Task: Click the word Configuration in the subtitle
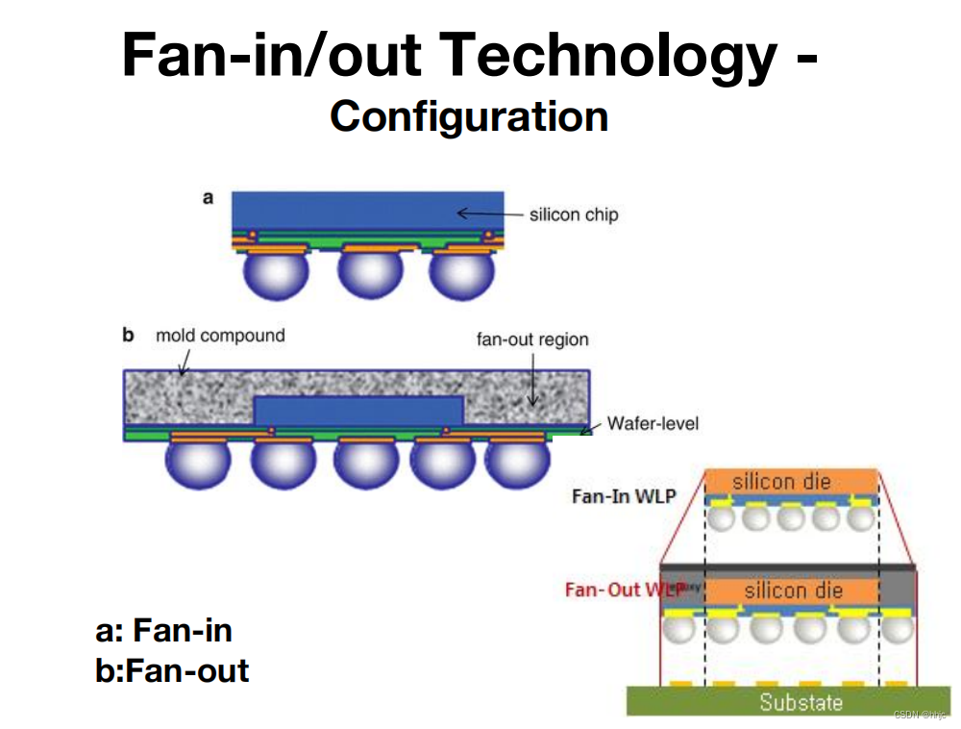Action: pyautogui.click(x=469, y=116)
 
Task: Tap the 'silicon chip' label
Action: pyautogui.click(x=573, y=214)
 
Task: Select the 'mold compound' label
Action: pyautogui.click(x=220, y=336)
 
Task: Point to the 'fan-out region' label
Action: pyautogui.click(x=532, y=339)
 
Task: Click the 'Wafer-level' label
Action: pyautogui.click(x=653, y=423)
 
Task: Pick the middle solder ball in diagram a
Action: pyautogui.click(x=368, y=274)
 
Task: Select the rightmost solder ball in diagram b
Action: pyautogui.click(x=519, y=463)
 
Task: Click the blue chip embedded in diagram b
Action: pyautogui.click(x=358, y=411)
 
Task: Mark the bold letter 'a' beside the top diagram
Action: pyautogui.click(x=208, y=198)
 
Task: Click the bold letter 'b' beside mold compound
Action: pyautogui.click(x=128, y=336)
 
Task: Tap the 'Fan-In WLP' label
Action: pyautogui.click(x=624, y=496)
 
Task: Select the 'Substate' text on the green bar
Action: pyautogui.click(x=801, y=702)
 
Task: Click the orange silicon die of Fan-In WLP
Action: pyautogui.click(x=791, y=481)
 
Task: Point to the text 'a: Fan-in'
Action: pyautogui.click(x=163, y=631)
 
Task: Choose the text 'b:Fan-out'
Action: pyautogui.click(x=172, y=670)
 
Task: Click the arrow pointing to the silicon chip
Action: pyautogui.click(x=487, y=214)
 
